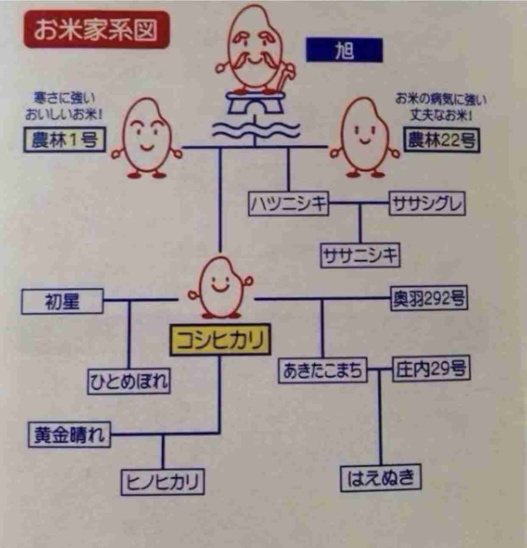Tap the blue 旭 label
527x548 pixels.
pos(344,51)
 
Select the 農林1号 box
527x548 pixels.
pos(64,140)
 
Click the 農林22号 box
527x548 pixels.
pos(441,140)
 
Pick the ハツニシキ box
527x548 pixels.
pos(289,205)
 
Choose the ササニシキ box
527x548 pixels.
pos(360,256)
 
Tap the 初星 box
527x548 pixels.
pos(62,302)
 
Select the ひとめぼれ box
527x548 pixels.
pos(129,381)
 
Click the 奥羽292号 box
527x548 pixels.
pos(429,299)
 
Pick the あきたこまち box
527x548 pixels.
pos(323,371)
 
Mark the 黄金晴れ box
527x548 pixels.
pos(70,435)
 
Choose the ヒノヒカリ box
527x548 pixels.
pos(163,482)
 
